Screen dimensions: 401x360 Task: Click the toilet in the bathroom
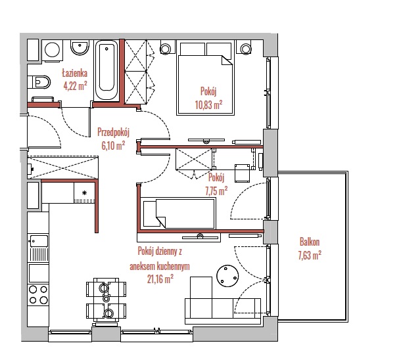point(39,82)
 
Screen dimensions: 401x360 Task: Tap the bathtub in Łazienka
point(106,70)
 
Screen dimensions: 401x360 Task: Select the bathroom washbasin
point(80,48)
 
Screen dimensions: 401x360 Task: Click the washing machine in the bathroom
point(52,51)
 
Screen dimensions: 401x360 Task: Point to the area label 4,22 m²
point(76,86)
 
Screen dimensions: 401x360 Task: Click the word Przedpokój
point(114,132)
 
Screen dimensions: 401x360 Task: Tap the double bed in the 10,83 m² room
point(206,79)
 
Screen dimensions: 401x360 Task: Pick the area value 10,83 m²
point(208,104)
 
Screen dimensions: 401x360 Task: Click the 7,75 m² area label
point(216,191)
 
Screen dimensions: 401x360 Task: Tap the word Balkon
point(310,242)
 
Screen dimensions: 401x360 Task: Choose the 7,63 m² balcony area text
point(310,256)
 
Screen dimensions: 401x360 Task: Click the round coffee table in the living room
point(227,276)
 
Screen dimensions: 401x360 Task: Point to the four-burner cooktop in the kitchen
point(38,294)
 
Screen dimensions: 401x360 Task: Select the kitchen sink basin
point(39,241)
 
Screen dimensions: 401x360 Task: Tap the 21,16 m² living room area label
point(160,279)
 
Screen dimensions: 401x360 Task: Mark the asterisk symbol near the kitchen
point(84,193)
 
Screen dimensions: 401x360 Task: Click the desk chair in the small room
point(242,173)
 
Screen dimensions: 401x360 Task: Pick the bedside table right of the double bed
point(246,48)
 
